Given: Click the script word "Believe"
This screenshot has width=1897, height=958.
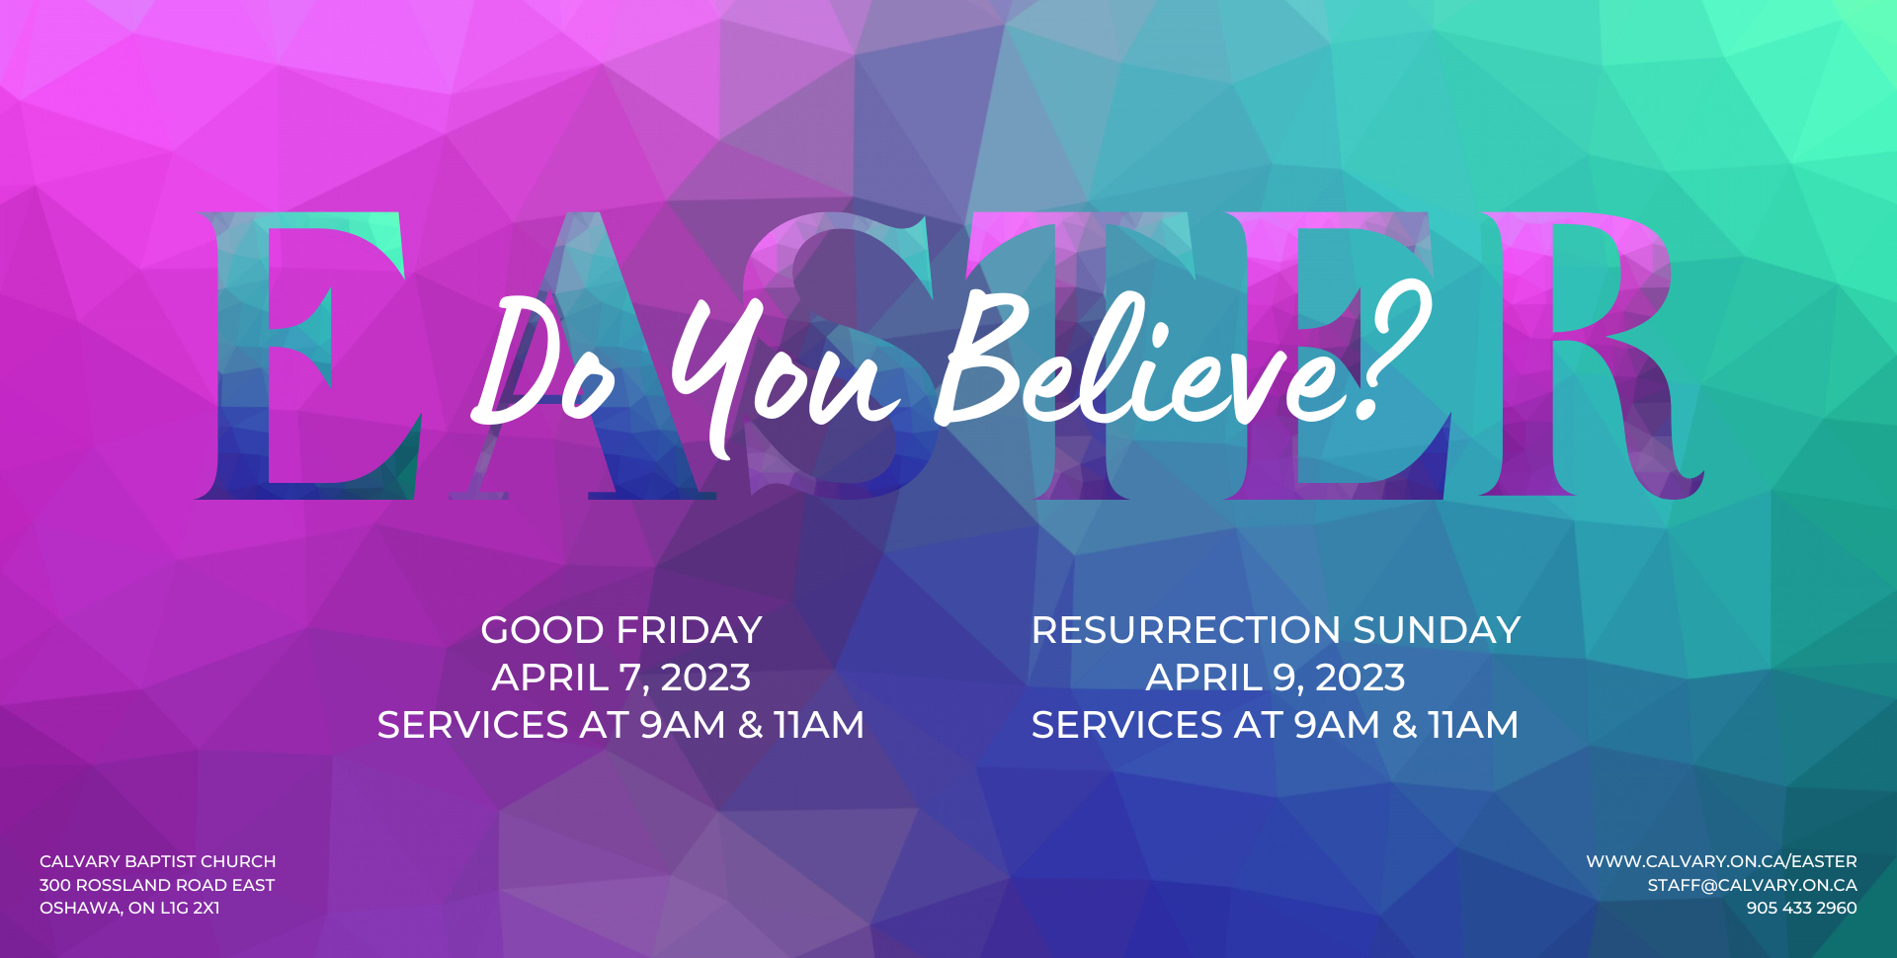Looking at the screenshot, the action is [1136, 360].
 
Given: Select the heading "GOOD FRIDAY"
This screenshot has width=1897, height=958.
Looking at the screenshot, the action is [621, 630].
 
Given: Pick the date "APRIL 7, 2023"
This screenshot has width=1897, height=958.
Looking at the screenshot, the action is [621, 678].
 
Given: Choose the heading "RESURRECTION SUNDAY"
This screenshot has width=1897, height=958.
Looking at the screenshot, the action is [1276, 630].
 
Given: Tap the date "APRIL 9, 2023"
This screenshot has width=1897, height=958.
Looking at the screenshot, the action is [1276, 678].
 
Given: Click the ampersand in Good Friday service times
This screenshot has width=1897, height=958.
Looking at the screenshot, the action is [751, 725].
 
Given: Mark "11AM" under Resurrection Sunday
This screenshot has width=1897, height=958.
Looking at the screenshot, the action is [1473, 725].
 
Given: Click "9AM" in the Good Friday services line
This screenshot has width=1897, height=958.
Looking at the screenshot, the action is [683, 725].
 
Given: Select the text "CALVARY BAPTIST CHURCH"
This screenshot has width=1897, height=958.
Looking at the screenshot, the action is [158, 861].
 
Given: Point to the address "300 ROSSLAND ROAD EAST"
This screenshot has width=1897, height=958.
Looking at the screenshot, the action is [157, 885].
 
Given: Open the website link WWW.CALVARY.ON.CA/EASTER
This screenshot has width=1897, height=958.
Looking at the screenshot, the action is [1721, 861].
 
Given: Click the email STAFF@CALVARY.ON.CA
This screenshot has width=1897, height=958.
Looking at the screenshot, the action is [1752, 885].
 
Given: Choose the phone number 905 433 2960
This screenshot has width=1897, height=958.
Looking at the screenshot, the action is [1801, 908].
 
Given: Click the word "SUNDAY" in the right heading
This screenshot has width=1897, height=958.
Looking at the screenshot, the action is [1437, 630].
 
